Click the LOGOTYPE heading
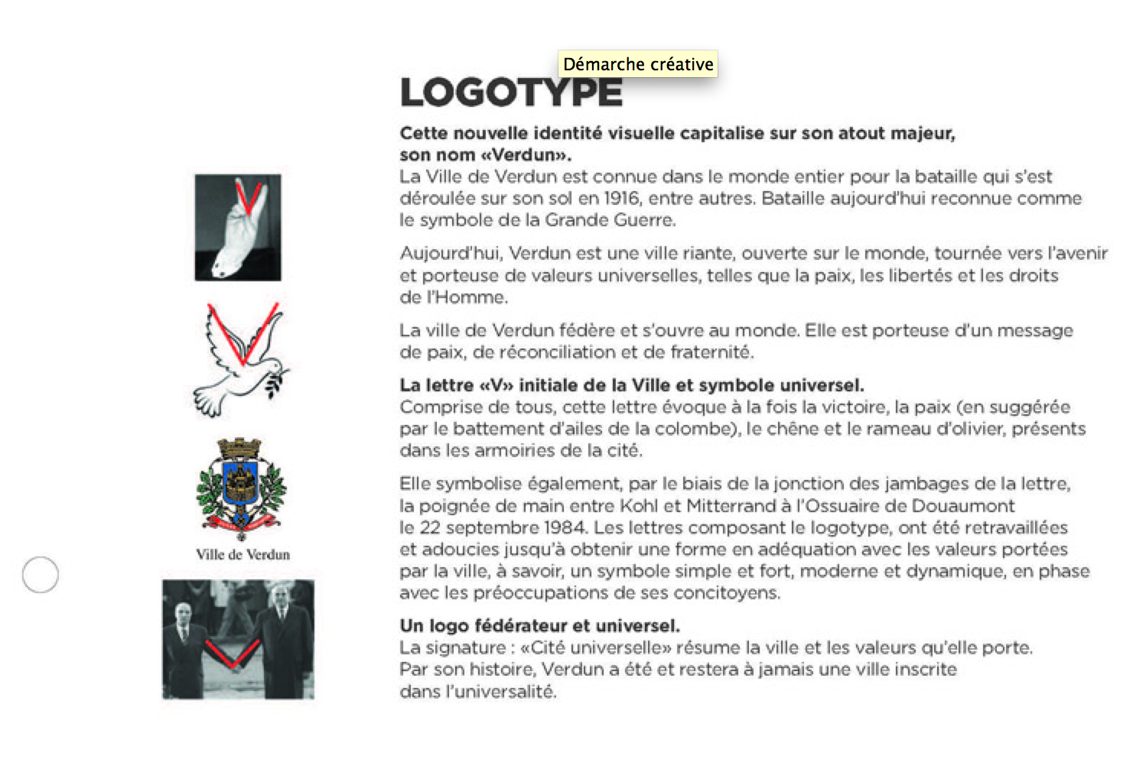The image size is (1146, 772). [511, 93]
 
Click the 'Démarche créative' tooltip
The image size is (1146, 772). [638, 64]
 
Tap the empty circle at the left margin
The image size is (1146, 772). [41, 575]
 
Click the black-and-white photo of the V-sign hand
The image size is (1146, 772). [238, 228]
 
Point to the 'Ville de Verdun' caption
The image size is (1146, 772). [243, 555]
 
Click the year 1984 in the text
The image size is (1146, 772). [565, 527]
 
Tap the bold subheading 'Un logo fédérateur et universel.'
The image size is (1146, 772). [539, 626]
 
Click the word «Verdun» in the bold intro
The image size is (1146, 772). [525, 155]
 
